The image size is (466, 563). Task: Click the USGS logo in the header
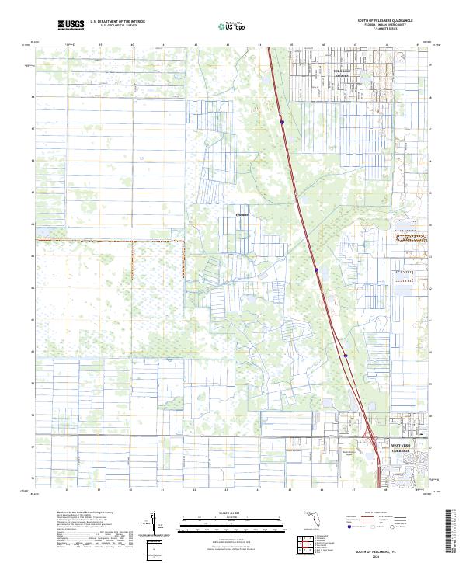point(71,26)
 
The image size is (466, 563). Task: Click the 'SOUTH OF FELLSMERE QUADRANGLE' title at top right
point(385,21)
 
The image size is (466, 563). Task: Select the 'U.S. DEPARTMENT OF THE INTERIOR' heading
point(117,22)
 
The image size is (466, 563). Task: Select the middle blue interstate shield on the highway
point(317,269)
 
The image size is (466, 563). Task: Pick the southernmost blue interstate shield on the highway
point(344,356)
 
